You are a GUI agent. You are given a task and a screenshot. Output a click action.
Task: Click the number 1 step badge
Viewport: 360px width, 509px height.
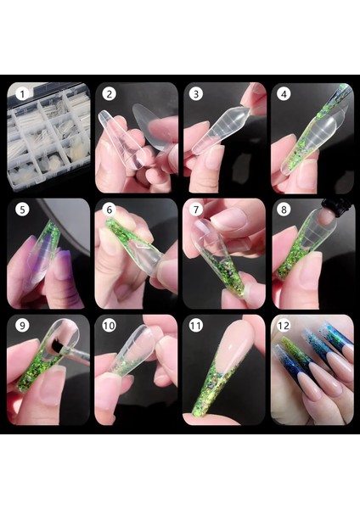[22, 94]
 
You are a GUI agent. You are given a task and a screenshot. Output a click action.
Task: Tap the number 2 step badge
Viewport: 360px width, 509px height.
[110, 94]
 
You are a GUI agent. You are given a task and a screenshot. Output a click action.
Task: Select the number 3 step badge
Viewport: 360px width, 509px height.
[196, 94]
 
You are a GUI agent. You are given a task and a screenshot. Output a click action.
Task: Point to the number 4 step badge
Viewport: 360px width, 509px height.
[284, 94]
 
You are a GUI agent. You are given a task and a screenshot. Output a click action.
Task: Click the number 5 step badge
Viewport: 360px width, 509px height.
[22, 210]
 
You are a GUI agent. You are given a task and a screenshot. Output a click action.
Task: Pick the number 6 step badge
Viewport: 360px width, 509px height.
[110, 210]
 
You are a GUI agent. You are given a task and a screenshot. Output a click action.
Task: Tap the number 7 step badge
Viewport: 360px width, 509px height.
[196, 210]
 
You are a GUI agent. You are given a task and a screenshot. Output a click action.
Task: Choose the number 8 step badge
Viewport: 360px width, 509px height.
[284, 210]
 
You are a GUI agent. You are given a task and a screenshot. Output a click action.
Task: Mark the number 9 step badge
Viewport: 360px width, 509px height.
[22, 325]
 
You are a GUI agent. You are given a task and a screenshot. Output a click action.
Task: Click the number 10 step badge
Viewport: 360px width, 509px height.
[109, 325]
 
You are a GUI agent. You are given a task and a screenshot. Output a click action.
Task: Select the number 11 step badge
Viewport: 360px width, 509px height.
[195, 325]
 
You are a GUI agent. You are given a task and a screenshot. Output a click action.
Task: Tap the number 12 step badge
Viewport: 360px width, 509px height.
[284, 325]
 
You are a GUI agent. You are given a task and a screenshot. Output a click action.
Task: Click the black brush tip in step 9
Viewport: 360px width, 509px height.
[57, 347]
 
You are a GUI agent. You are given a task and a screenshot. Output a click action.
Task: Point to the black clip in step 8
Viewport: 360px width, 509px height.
[336, 204]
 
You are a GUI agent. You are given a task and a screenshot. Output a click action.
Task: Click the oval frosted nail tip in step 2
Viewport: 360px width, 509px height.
[154, 127]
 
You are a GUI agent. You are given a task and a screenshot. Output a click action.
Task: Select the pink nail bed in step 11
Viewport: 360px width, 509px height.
[235, 347]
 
